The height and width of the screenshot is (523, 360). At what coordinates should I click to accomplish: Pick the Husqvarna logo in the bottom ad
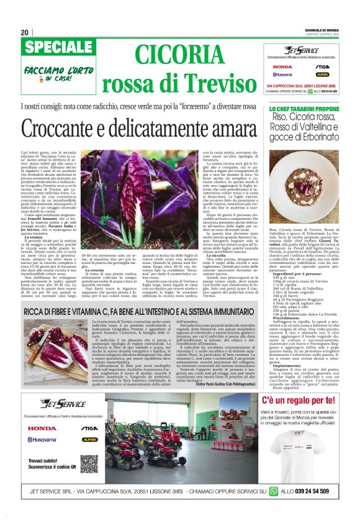click(x=42, y=439)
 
